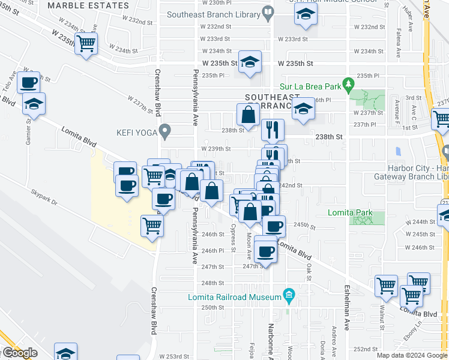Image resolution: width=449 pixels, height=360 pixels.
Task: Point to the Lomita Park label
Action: click(x=350, y=213)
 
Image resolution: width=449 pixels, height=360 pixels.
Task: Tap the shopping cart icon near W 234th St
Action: click(x=87, y=43)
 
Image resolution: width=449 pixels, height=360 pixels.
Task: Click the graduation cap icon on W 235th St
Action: click(x=250, y=62)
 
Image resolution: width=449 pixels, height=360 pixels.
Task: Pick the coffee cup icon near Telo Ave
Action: click(x=28, y=82)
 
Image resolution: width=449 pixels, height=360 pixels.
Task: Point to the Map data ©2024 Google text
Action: click(x=411, y=355)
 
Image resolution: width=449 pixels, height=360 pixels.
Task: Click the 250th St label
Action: click(x=212, y=307)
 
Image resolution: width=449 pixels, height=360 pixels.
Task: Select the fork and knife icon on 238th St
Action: click(x=273, y=128)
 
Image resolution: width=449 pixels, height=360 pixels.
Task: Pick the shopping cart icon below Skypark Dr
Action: click(x=152, y=226)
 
